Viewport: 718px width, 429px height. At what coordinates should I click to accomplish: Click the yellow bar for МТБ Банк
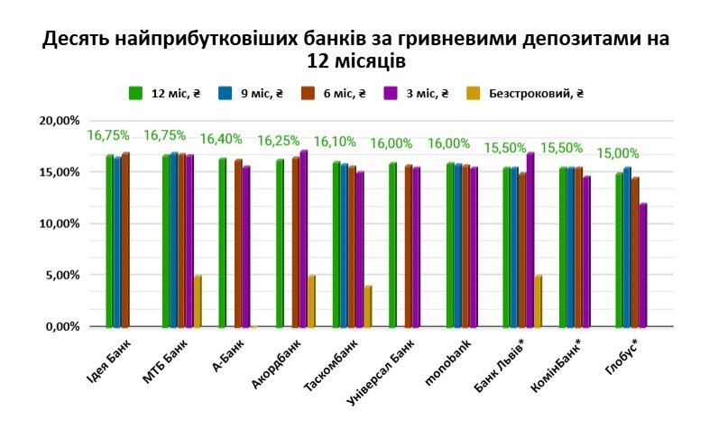[x=198, y=301]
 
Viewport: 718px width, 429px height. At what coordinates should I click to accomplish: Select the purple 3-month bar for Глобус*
[x=643, y=265]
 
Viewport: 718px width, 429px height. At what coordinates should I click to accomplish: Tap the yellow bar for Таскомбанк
[x=368, y=306]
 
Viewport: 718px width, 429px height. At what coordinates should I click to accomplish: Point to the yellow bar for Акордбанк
[x=311, y=301]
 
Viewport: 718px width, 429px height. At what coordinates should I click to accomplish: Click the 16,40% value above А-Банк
[x=222, y=140]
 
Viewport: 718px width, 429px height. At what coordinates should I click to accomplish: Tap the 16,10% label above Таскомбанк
[x=336, y=142]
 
